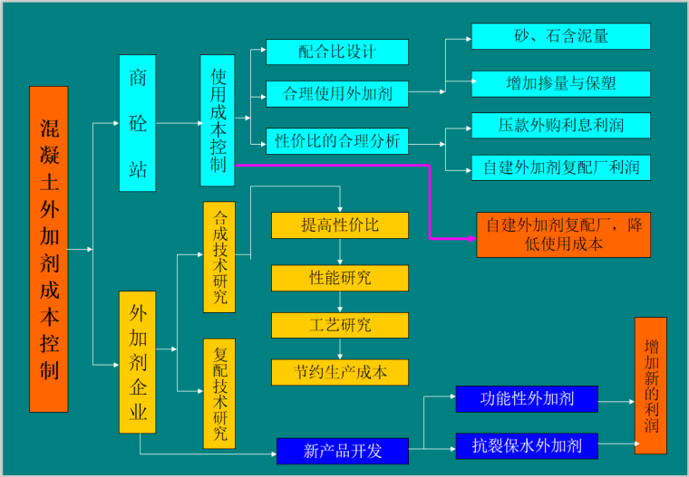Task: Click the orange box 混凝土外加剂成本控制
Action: tap(49, 249)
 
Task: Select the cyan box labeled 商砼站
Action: tap(138, 123)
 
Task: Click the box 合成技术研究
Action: tap(219, 257)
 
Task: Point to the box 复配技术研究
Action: tap(219, 393)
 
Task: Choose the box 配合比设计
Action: tap(336, 52)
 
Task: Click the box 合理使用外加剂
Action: tap(336, 93)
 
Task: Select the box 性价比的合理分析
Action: tap(336, 141)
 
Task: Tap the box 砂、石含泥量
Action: tap(560, 36)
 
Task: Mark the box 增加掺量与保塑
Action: tap(560, 83)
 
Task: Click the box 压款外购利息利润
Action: tap(560, 125)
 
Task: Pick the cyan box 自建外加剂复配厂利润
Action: tap(560, 167)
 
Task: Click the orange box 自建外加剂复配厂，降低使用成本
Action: tap(563, 234)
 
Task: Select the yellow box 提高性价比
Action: tap(340, 225)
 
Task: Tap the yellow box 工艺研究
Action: tap(340, 325)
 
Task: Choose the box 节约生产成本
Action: tap(340, 372)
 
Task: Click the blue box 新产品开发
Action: tap(343, 451)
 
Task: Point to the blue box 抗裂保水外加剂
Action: tap(526, 445)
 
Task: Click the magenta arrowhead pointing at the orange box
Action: tap(471, 238)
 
